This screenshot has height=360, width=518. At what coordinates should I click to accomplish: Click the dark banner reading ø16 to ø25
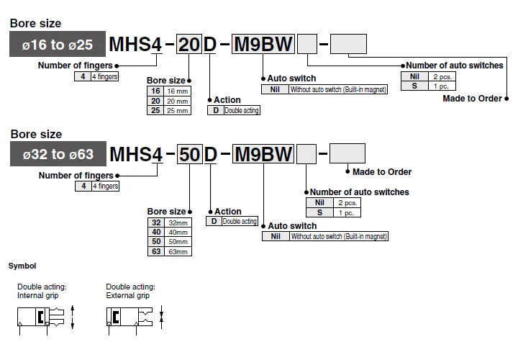(x=58, y=44)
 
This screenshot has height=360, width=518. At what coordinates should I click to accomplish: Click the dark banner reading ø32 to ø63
(x=58, y=153)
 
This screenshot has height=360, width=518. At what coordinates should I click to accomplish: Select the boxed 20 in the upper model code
(x=189, y=44)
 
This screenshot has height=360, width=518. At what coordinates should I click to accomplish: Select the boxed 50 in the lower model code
(x=190, y=154)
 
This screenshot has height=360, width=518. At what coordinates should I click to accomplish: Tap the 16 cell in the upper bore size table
(x=155, y=91)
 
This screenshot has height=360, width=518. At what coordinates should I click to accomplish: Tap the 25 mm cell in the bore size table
(x=178, y=110)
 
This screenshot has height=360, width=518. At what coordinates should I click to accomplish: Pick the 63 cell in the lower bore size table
(x=156, y=251)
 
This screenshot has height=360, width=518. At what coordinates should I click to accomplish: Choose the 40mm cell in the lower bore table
(x=178, y=232)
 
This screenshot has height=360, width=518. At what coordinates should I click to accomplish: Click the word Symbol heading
(x=22, y=266)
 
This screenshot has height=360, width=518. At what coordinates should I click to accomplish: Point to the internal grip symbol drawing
(x=45, y=319)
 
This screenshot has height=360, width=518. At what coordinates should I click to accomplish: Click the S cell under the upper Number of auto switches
(x=414, y=86)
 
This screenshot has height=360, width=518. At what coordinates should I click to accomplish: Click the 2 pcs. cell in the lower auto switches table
(x=347, y=202)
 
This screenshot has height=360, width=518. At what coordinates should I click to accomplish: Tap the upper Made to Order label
(x=472, y=99)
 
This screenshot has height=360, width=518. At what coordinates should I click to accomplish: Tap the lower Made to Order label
(x=382, y=172)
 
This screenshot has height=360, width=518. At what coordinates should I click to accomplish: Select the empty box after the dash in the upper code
(x=348, y=44)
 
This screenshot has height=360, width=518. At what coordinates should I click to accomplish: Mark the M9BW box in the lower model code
(x=263, y=154)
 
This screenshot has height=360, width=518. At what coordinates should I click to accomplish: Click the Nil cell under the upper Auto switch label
(x=275, y=89)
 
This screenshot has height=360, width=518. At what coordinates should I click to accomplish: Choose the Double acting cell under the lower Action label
(x=240, y=221)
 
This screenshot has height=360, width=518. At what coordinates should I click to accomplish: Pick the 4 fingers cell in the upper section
(x=104, y=76)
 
